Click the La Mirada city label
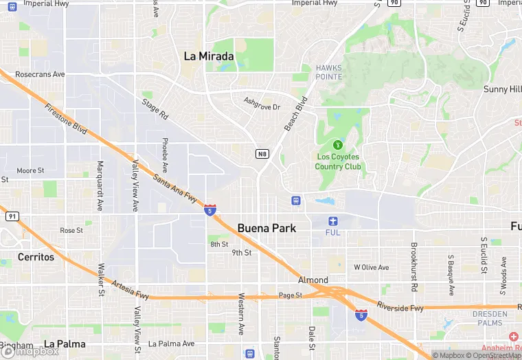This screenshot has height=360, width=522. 209,56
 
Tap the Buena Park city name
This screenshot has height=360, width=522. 266,227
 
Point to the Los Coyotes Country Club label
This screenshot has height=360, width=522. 337,161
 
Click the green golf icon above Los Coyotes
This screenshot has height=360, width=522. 337,145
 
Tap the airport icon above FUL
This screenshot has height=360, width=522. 333,221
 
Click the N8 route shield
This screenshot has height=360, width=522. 262,153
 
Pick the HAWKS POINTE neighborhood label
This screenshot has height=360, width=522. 328,72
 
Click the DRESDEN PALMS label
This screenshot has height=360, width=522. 490,318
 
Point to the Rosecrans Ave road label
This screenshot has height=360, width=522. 40,74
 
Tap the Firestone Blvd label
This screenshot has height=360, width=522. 66,118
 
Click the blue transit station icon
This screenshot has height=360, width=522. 295,200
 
